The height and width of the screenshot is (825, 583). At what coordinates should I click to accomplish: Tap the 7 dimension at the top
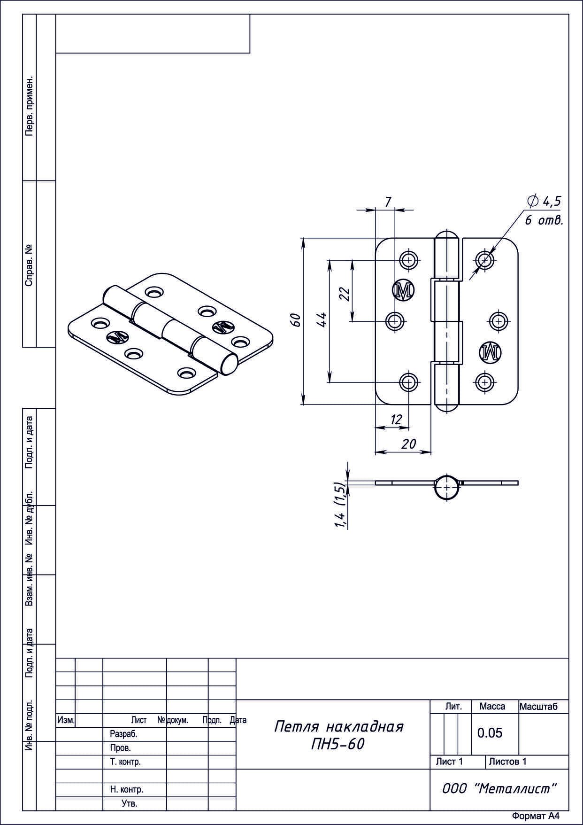click(388, 202)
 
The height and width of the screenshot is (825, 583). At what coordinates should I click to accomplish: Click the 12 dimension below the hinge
click(397, 420)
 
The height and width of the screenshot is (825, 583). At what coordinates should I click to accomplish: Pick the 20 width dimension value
click(409, 444)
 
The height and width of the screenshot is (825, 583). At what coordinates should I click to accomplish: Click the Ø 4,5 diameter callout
click(545, 202)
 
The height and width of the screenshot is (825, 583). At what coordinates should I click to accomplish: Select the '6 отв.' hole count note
click(544, 220)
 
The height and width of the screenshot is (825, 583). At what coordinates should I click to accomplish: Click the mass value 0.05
click(490, 732)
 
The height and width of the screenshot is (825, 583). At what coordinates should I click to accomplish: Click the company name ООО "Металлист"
click(499, 789)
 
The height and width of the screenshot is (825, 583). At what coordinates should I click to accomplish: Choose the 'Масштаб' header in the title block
click(538, 706)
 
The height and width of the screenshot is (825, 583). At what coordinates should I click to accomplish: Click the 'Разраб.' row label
click(123, 733)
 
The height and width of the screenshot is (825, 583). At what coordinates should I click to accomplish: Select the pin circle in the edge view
click(445, 488)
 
